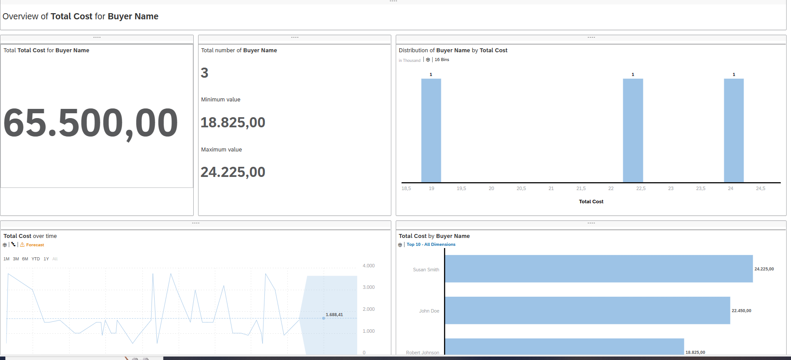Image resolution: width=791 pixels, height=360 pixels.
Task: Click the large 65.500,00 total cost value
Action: (90, 123)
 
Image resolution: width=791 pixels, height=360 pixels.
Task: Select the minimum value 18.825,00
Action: (233, 122)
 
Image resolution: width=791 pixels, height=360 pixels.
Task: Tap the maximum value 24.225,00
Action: (233, 172)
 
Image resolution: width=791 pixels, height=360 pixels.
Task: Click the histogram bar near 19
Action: (431, 130)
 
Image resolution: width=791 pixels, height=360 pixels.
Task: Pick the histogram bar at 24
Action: (733, 130)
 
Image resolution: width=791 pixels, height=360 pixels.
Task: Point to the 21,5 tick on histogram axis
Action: (581, 188)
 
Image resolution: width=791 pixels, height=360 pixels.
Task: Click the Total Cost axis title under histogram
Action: (591, 202)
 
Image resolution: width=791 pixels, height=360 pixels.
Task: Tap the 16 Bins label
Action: (441, 60)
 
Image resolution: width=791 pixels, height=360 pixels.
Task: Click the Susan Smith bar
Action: (598, 269)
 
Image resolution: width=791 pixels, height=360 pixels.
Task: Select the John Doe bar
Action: (587, 310)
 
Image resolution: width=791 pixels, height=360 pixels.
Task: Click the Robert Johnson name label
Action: (422, 353)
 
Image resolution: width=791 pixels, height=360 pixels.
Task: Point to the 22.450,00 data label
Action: (741, 311)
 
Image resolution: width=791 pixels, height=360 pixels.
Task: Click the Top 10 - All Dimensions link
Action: (430, 245)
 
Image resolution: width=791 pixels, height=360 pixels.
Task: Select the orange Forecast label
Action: (35, 245)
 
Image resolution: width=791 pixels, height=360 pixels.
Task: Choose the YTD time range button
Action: (36, 259)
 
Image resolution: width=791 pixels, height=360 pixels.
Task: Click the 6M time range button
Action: (25, 259)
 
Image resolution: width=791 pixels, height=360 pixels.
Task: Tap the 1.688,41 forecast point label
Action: (334, 315)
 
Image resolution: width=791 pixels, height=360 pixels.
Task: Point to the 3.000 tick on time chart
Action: (368, 287)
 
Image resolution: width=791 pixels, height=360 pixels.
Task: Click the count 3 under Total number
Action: (204, 73)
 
